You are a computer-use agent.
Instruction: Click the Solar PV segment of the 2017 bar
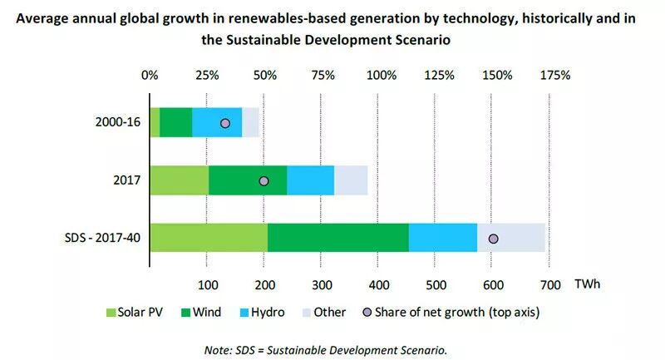click(179, 180)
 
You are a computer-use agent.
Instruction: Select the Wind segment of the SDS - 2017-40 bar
click(337, 238)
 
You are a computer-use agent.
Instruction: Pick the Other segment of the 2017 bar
click(351, 180)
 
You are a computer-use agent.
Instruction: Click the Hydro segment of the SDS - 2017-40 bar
click(443, 238)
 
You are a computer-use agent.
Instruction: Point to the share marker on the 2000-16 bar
click(224, 123)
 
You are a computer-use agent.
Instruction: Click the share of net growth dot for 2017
click(264, 180)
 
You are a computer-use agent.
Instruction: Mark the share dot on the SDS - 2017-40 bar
click(493, 239)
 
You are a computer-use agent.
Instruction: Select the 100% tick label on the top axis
click(382, 76)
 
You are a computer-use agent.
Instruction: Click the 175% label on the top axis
click(555, 76)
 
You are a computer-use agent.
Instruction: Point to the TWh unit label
click(587, 284)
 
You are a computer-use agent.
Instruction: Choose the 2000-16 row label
click(117, 123)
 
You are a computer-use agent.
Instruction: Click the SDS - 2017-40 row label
click(101, 239)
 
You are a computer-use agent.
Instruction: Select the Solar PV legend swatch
click(111, 313)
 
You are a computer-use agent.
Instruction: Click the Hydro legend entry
click(260, 313)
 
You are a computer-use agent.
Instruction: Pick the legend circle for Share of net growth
click(368, 313)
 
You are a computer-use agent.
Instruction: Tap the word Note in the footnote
click(219, 349)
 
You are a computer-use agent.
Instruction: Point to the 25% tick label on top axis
click(208, 76)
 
